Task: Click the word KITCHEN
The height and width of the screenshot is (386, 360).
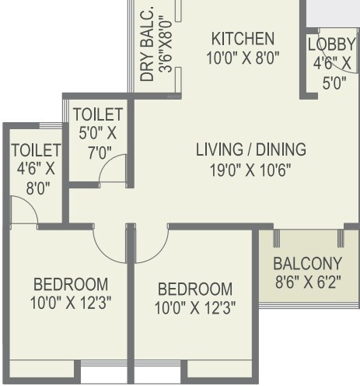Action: (x=243, y=38)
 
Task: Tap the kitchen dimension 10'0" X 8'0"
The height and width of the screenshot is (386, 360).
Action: (x=243, y=56)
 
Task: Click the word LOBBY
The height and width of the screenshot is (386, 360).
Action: (x=331, y=44)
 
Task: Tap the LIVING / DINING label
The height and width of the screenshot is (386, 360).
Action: (x=250, y=149)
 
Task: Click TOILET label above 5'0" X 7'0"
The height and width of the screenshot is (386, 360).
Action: (x=98, y=114)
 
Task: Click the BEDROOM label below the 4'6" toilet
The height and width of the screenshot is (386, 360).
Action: (x=70, y=284)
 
